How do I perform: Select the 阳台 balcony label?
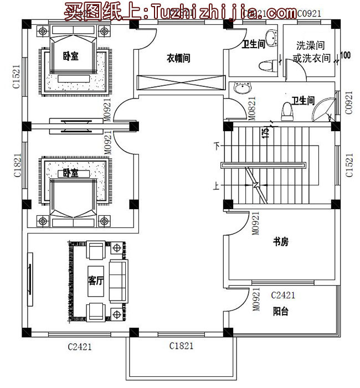click(280, 312)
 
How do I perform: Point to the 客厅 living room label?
click(96, 281)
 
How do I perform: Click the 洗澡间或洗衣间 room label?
click(311, 51)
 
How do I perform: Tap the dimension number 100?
click(345, 55)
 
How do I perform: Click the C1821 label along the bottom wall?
click(181, 346)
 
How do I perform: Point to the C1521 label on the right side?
click(349, 166)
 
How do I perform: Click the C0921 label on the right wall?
click(349, 103)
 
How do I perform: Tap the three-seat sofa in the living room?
click(118, 280)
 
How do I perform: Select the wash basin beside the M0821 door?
click(242, 89)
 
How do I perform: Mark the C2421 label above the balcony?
click(283, 295)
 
